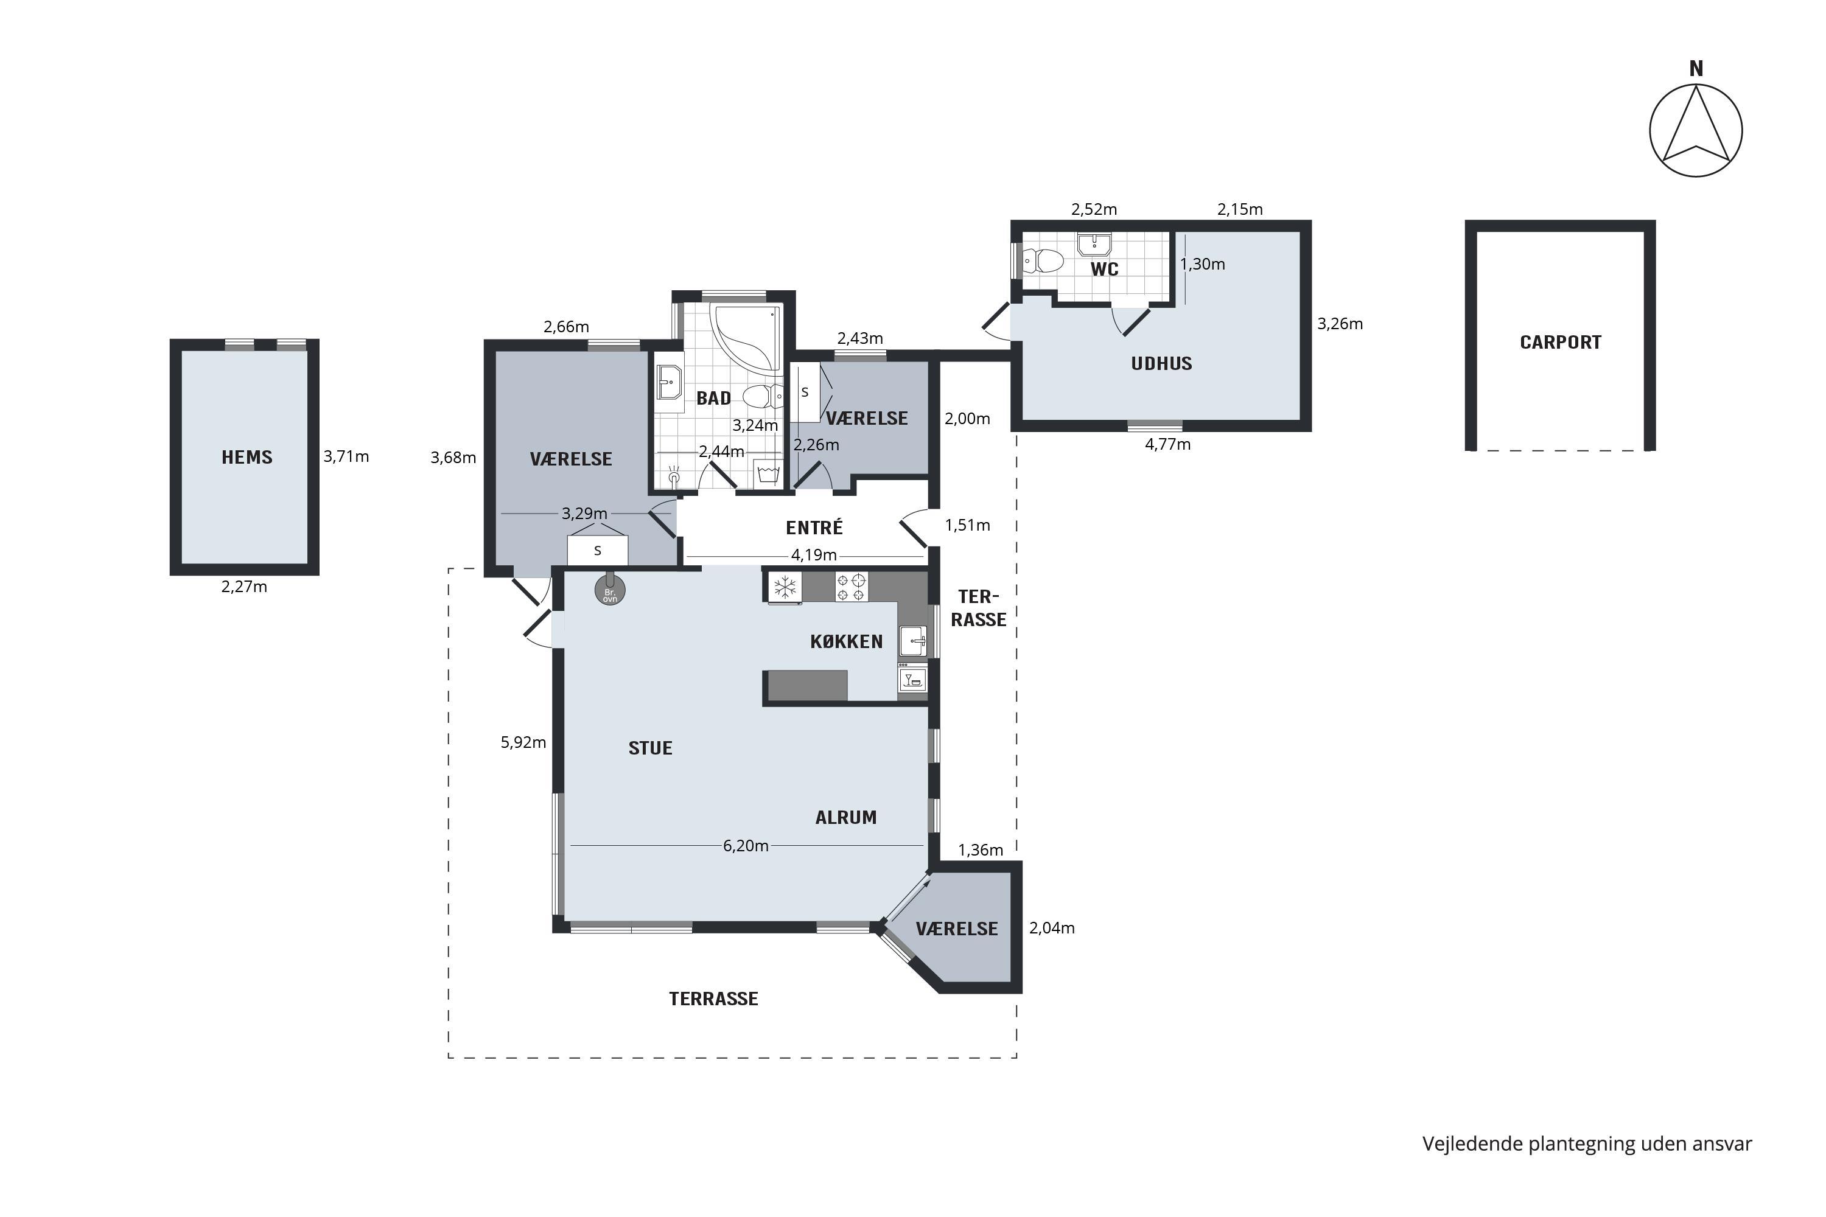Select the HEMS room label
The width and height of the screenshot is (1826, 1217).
tap(247, 457)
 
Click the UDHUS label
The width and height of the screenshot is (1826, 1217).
tap(1161, 363)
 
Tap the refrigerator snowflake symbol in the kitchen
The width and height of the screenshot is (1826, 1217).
tap(785, 587)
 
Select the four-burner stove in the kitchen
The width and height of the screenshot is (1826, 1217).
tap(851, 587)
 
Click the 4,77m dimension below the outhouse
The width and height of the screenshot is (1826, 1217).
tap(1167, 444)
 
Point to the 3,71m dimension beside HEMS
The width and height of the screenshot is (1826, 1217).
tap(346, 456)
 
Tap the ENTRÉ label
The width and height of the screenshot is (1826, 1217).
tap(814, 528)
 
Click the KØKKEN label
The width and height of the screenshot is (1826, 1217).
tap(846, 641)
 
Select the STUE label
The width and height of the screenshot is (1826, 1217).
tap(650, 748)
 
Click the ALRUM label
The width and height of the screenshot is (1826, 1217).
tap(845, 817)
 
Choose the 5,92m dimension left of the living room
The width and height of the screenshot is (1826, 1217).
tap(523, 742)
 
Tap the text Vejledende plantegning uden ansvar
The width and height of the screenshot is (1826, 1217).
tap(1587, 1144)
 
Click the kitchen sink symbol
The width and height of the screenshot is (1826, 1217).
tap(913, 640)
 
